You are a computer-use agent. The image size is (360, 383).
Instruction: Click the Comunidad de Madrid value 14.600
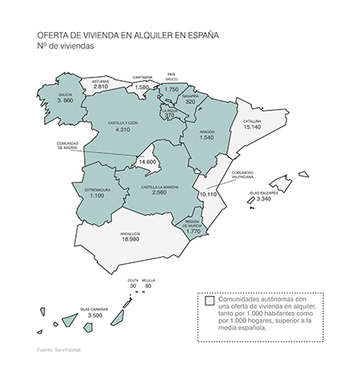click(147, 162)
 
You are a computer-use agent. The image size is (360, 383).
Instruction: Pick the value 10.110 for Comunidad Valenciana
click(208, 194)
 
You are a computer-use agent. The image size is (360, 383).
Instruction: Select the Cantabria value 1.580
click(142, 87)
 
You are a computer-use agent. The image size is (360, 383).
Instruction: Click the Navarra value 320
click(190, 102)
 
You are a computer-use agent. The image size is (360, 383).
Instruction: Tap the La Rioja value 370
click(169, 116)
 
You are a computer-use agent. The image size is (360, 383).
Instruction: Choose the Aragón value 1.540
click(208, 138)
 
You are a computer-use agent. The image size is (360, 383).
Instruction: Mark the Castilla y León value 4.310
click(122, 130)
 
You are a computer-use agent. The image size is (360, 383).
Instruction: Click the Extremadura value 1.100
click(97, 196)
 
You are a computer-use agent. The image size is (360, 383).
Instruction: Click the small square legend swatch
click(208, 301)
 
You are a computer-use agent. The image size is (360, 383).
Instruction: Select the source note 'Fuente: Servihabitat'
click(54, 351)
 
